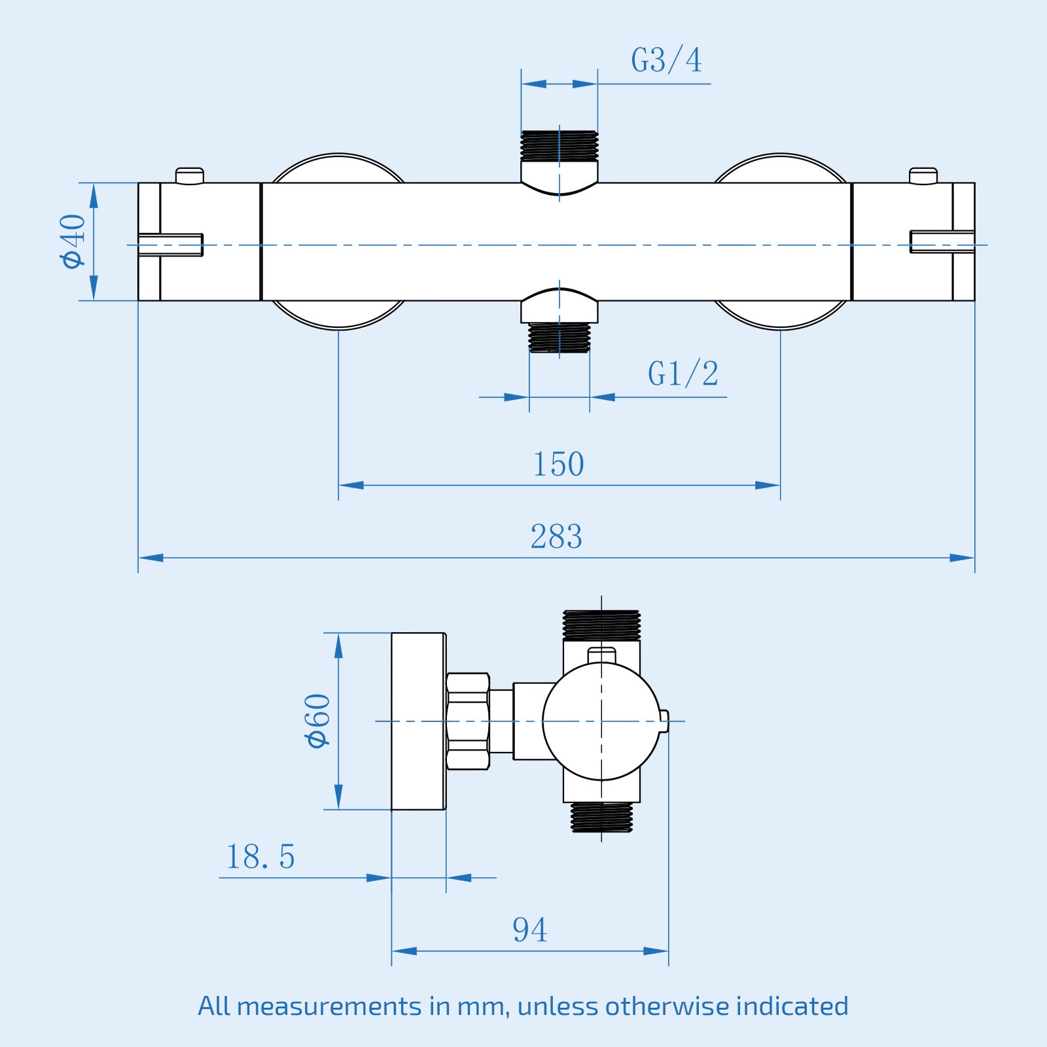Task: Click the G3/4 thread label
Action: coord(666,60)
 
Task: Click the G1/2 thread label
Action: coord(683,374)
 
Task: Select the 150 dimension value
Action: coord(558,465)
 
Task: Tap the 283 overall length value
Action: coord(556,537)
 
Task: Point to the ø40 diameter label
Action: coord(73,241)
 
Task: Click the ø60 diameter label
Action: coord(317,720)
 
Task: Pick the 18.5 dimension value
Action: coord(260,857)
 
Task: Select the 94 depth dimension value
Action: coord(529,930)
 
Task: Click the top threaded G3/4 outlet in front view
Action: coord(559,146)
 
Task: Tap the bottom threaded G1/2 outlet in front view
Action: coord(559,338)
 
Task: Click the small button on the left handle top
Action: coord(190,176)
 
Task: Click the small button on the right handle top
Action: coord(923,176)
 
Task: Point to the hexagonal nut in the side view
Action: coord(468,721)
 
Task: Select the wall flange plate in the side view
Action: coord(418,721)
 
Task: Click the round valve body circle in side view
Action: coord(601,721)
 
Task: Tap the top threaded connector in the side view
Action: coord(601,625)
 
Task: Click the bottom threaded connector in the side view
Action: coord(601,817)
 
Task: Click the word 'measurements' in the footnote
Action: coord(329,1006)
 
